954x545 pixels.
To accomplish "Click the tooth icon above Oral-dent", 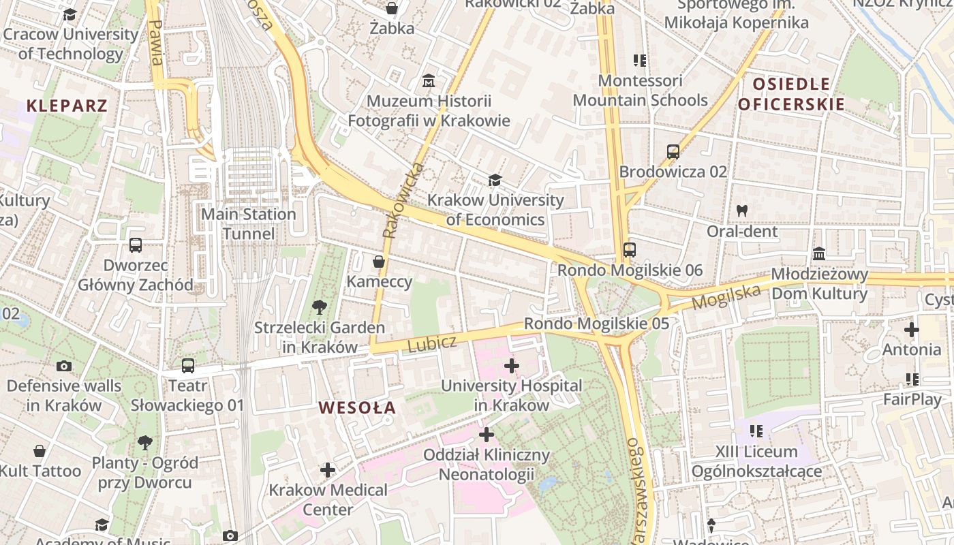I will pos(742,211).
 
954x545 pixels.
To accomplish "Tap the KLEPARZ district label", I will pos(67,106).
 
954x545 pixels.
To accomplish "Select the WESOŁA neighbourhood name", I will pos(357,408).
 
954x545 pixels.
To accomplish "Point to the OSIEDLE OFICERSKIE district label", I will pos(791,95).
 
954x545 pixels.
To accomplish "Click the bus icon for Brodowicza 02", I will pos(673,152).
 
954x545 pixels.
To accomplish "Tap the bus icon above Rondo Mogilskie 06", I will pos(630,250).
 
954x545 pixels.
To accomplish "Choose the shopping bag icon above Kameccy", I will pos(379,262).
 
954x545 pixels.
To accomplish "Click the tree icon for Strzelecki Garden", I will pos(319,307).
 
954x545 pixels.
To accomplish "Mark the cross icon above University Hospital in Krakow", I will pos(511,366).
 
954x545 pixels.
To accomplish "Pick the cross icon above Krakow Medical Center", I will pos(328,469).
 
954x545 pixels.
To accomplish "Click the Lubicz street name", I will pos(432,343).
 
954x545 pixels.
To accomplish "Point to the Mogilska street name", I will pos(726,297).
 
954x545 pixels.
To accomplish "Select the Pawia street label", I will pos(155,42).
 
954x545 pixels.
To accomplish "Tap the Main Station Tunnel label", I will pos(248,224).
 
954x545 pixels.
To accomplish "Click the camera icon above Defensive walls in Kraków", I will pos(64,366).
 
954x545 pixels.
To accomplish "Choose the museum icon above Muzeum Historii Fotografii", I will pos(429,81).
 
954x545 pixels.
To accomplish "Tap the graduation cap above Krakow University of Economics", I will pos(495,180).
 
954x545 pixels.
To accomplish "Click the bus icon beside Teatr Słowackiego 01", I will pos(188,366).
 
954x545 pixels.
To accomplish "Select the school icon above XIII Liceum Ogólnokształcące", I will pos(756,431).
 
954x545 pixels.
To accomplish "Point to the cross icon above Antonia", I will pos(911,330).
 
